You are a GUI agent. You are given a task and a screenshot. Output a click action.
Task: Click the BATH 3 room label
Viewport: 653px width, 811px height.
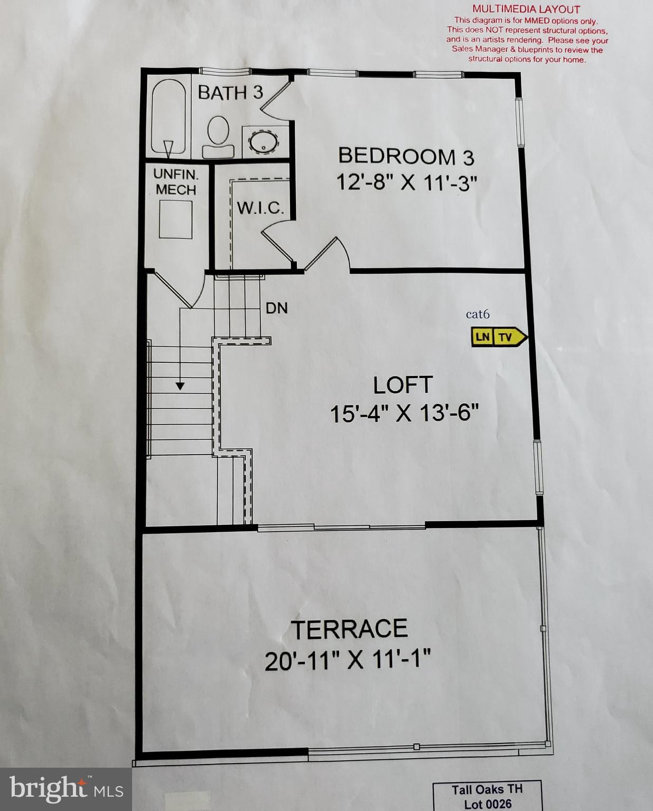coord(230,92)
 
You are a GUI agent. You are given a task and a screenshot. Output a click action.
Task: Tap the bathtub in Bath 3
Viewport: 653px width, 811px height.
coord(169,117)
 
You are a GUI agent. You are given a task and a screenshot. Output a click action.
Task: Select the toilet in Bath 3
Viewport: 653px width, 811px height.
coord(218,137)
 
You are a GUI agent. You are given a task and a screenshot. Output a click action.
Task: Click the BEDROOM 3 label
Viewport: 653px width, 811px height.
coord(406,156)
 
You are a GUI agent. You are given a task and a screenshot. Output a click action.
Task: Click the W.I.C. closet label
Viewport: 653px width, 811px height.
coord(260,208)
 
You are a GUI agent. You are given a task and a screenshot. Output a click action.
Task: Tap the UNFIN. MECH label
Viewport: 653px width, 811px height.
coord(175,182)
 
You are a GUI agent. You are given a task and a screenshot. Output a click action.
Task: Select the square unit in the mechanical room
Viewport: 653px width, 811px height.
coord(175,219)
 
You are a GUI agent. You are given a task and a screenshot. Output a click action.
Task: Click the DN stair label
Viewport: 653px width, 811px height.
coord(276,308)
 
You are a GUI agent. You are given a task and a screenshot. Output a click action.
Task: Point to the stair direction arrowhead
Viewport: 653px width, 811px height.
coord(180,386)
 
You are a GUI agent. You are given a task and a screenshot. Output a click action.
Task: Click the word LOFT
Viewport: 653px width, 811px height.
coord(403,385)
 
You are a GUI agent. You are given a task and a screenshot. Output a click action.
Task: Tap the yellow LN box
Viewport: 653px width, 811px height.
coord(482,337)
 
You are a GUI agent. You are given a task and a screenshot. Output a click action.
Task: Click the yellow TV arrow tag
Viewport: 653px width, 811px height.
coord(508,337)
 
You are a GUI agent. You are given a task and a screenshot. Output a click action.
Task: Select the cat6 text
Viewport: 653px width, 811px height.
coord(478,315)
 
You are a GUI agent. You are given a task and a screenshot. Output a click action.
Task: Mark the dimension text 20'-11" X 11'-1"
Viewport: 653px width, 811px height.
coord(348,660)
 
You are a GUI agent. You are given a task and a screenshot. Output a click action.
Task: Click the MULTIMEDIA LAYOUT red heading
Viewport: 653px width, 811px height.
coord(526,9)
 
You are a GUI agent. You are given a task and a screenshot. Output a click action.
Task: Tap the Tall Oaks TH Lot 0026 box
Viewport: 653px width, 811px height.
coord(487,796)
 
